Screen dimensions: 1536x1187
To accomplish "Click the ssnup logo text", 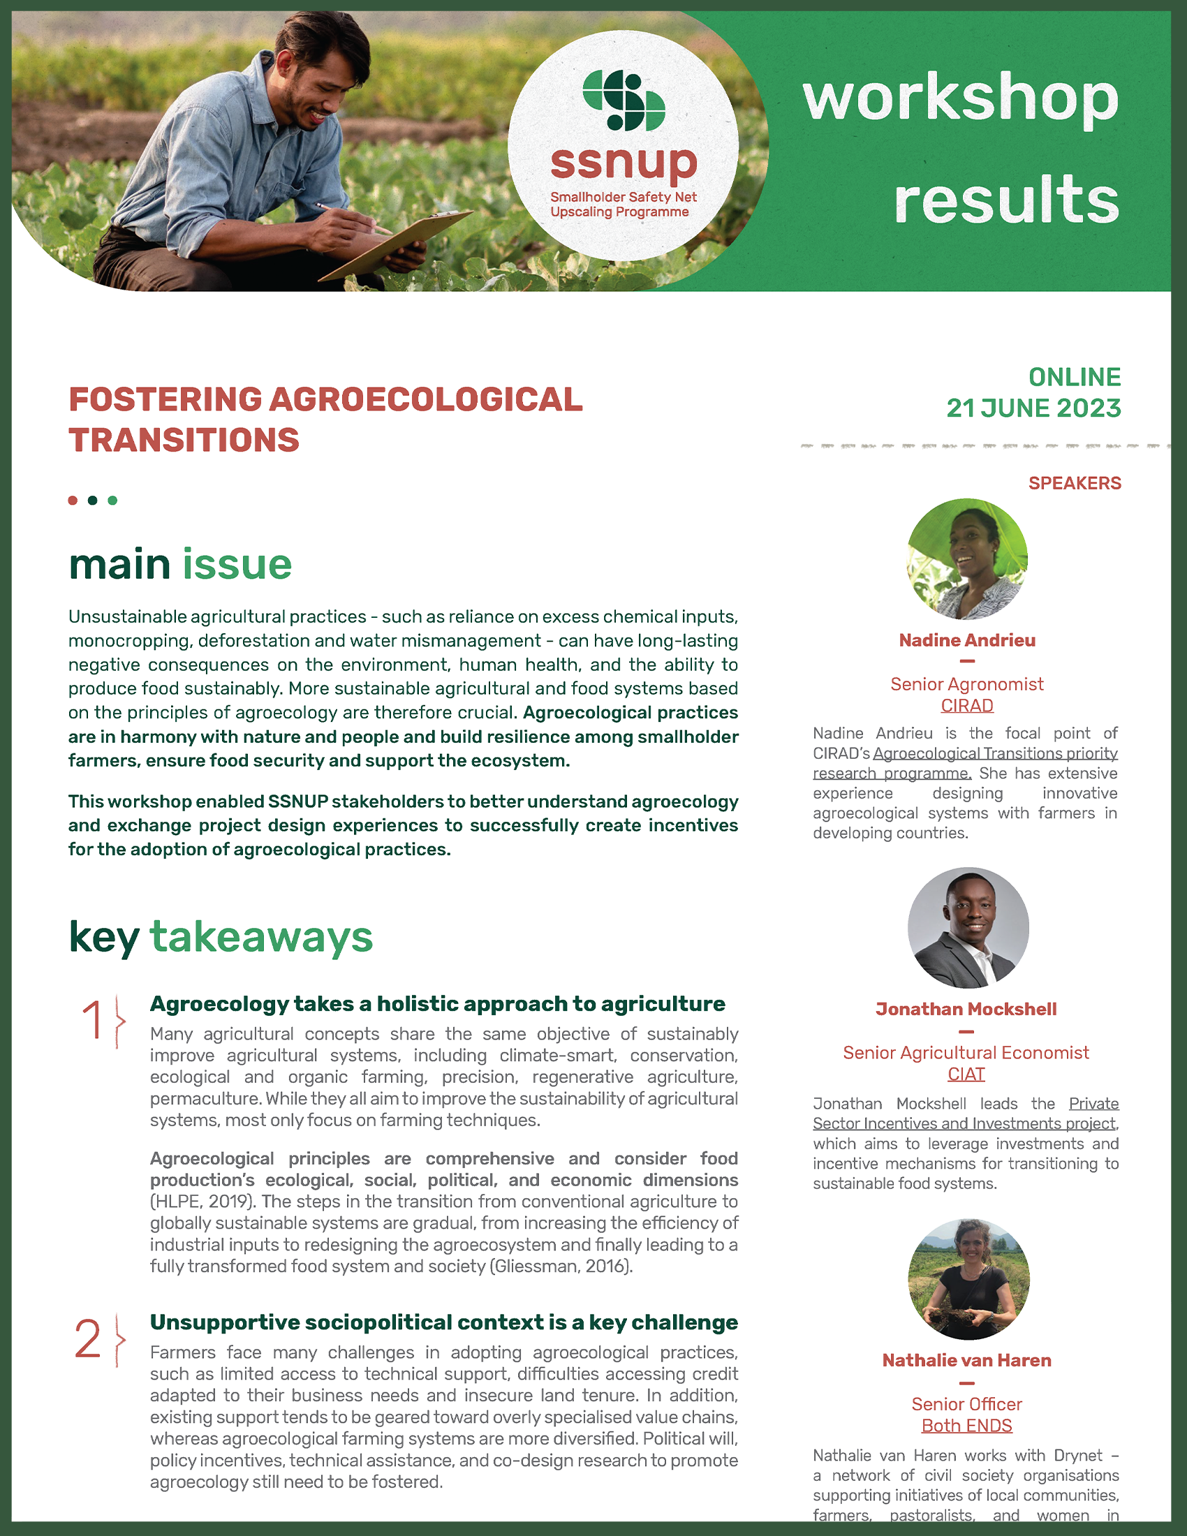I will coord(623,164).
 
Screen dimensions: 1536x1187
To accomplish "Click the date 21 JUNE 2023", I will coord(1033,408).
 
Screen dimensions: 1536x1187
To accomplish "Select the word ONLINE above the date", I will coord(1074,378).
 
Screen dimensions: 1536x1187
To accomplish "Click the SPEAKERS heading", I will coord(1074,483).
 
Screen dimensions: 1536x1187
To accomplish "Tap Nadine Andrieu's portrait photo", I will coord(967,559).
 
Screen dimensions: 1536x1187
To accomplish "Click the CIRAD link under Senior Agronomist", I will coord(967,705).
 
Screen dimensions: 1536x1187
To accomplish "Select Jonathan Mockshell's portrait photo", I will coord(968,928).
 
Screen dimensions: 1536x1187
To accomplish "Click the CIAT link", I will coord(966,1074).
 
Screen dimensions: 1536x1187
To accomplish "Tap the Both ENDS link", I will coord(966,1426).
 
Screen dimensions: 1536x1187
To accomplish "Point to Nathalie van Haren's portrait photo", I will coord(968,1279).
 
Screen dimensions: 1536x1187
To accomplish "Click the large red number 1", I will coord(94,1021).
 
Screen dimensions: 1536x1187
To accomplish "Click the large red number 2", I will coord(88,1340).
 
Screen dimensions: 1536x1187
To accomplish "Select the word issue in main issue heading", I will coord(237,565).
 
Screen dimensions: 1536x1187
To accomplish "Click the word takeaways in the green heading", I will coord(261,938).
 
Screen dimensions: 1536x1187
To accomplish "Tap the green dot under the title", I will coord(112,501).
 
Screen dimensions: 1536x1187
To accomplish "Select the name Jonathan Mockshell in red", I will coord(966,1010).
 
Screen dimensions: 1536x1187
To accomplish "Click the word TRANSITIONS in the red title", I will coord(184,441).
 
